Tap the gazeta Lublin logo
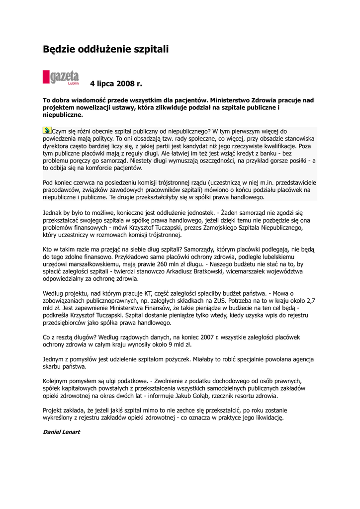[61, 78]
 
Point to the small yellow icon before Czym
[47, 130]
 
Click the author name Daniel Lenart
[61, 432]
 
